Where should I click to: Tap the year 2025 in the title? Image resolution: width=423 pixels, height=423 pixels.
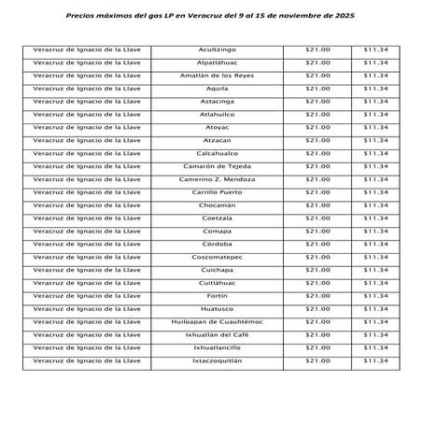pos(342,17)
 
